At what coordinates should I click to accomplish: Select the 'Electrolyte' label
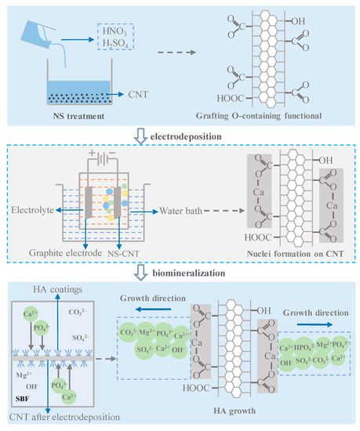(x=36, y=211)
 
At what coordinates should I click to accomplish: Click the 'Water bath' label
(x=184, y=211)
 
